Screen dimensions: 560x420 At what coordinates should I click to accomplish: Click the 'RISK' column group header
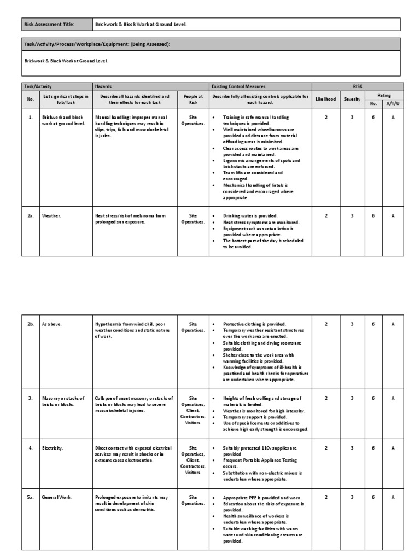(x=358, y=86)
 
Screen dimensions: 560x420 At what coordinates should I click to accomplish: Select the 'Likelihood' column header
(x=326, y=100)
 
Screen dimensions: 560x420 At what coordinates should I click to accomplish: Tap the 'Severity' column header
(x=352, y=100)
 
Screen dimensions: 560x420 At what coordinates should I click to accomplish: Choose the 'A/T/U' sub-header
(x=393, y=103)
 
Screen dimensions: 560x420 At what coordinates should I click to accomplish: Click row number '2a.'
(x=31, y=216)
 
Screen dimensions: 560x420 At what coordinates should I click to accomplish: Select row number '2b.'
(x=31, y=324)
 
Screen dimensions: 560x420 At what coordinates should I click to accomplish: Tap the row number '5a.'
(x=31, y=497)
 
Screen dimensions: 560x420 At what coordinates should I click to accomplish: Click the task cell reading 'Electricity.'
(x=52, y=448)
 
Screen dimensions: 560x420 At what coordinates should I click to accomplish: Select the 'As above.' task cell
(x=52, y=324)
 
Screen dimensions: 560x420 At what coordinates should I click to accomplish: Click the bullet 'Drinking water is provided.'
(x=250, y=216)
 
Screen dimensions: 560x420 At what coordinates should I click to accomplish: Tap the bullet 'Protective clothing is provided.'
(x=254, y=324)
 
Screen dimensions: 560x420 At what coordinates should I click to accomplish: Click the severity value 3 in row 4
(x=352, y=448)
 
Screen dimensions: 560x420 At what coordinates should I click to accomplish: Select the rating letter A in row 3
(x=393, y=398)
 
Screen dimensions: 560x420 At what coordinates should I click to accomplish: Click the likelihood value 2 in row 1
(x=326, y=118)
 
